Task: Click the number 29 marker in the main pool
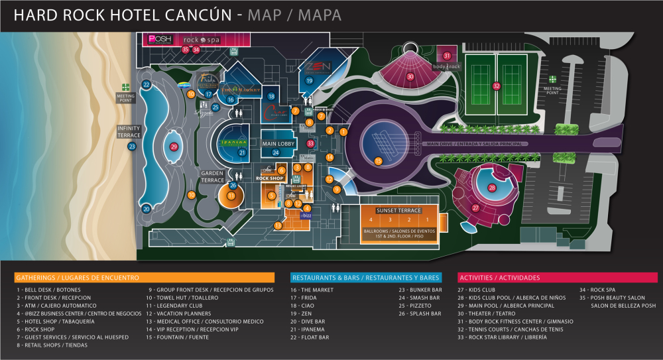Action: tap(174, 147)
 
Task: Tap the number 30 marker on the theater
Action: tap(410, 77)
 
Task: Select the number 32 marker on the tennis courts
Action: tap(497, 86)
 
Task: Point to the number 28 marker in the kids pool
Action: tap(492, 188)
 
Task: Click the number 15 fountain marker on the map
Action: tap(378, 160)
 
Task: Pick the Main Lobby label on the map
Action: tap(278, 143)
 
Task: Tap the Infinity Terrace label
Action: tap(129, 131)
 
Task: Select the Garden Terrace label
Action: tap(213, 176)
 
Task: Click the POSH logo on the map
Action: tap(160, 39)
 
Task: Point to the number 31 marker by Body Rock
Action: tap(447, 56)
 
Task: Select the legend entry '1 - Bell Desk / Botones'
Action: tap(46, 290)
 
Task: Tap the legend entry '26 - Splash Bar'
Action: tap(420, 314)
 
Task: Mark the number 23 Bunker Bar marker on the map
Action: tap(132, 147)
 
